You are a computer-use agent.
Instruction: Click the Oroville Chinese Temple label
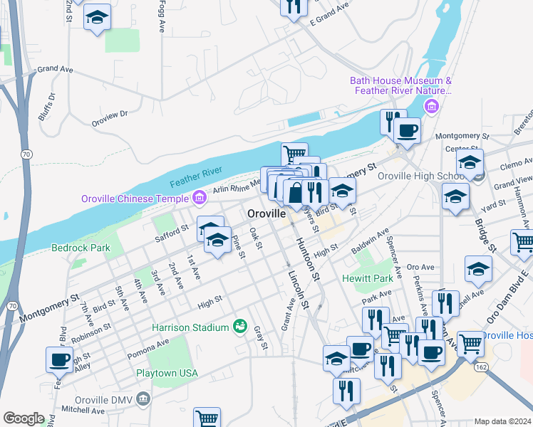point(135,198)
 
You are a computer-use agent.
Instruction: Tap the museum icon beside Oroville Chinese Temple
point(200,197)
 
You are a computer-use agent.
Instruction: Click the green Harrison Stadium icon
point(241,327)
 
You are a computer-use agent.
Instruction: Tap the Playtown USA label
point(167,373)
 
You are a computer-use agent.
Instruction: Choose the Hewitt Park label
point(368,278)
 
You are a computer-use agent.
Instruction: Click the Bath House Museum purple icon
point(430,107)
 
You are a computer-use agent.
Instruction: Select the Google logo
point(24,418)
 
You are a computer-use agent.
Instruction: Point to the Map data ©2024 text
point(502,421)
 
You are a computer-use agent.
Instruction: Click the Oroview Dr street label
point(113,113)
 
